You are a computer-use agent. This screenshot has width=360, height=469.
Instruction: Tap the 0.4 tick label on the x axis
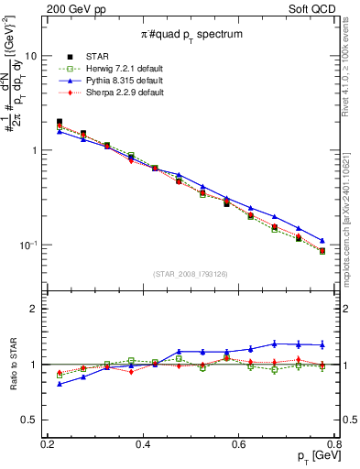(x=143, y=444)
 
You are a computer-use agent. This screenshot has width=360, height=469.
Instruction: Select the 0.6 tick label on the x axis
(x=239, y=444)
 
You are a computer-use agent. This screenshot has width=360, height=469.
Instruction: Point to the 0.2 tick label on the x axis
(x=48, y=444)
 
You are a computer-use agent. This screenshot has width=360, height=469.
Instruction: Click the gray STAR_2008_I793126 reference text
(x=191, y=274)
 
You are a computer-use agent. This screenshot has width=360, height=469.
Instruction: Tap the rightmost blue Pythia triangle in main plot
(x=322, y=241)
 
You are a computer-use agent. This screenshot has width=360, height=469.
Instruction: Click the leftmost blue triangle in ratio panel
(x=60, y=384)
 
